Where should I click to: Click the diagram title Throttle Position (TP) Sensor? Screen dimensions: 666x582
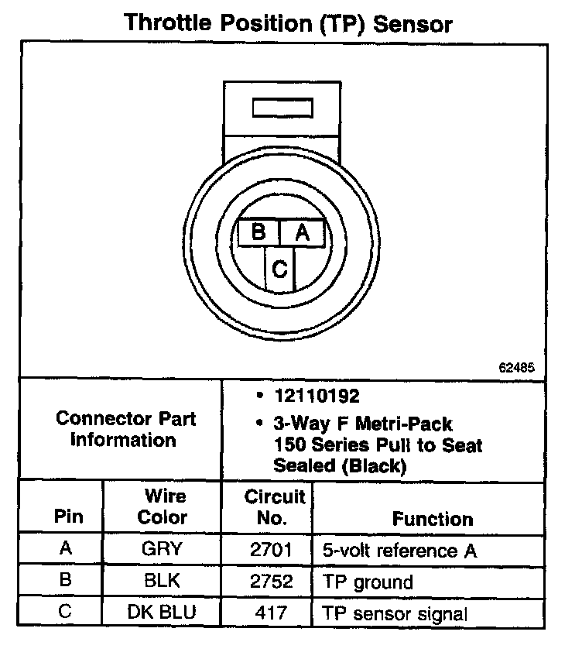point(288,23)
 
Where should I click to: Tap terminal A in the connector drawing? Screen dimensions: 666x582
point(303,232)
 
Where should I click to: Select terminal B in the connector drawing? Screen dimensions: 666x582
point(259,232)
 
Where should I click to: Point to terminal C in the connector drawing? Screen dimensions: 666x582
point(280,269)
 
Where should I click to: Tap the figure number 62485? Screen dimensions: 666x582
point(515,368)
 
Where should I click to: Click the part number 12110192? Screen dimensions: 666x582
point(317,397)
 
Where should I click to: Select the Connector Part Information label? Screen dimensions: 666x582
point(125,429)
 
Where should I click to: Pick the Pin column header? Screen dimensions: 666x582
point(66,517)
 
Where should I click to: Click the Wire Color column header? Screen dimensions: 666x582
point(163,506)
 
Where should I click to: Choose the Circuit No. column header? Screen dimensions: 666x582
point(275,506)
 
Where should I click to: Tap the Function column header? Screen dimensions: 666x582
point(433,518)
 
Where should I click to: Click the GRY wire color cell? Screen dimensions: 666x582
point(163,550)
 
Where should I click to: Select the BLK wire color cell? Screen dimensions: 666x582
point(163,581)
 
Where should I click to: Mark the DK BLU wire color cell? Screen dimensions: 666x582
point(163,613)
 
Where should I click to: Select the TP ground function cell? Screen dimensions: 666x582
point(368,582)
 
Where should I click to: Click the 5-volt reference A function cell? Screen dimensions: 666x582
point(399,551)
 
